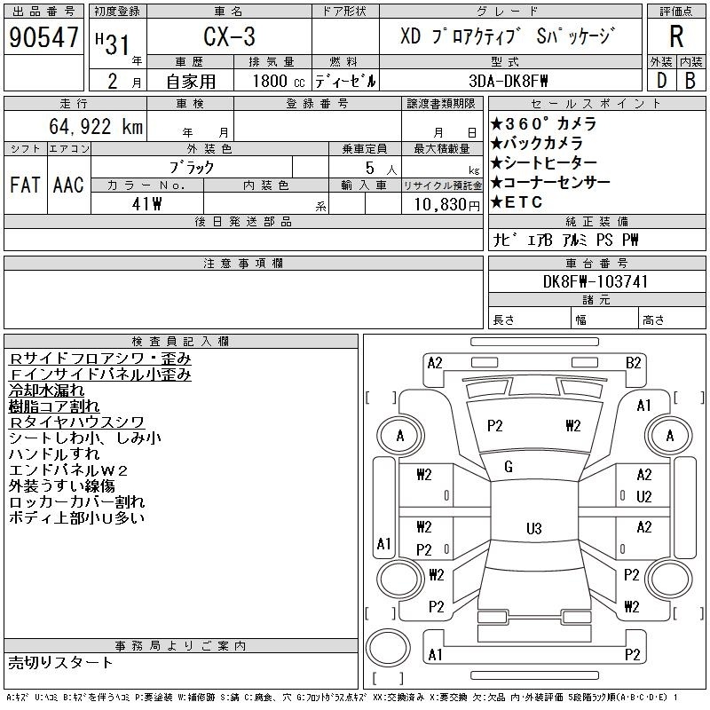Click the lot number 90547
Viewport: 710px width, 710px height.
(x=43, y=37)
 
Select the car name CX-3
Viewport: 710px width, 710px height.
(x=229, y=36)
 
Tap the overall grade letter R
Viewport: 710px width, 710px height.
(x=676, y=36)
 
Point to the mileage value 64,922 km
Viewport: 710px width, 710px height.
(x=96, y=126)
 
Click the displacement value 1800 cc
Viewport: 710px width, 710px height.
(x=279, y=81)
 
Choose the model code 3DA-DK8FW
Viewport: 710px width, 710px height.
(x=508, y=81)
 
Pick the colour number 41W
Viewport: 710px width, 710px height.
(x=146, y=204)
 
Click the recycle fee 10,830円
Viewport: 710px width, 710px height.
(x=446, y=205)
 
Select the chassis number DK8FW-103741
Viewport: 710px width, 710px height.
(x=595, y=281)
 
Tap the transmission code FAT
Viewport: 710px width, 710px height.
(x=25, y=185)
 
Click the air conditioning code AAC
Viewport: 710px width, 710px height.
(x=68, y=185)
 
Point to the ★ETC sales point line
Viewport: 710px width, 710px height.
(x=517, y=202)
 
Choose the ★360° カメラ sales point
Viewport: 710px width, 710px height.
(x=543, y=123)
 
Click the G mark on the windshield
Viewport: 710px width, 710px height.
(x=509, y=467)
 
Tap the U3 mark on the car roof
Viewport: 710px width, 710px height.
(x=534, y=528)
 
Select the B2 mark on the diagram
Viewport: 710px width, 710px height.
(x=633, y=363)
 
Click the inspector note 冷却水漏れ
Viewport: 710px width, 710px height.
(x=46, y=390)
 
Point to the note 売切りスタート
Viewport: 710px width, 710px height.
(x=60, y=663)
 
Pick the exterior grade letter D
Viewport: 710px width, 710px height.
(x=661, y=81)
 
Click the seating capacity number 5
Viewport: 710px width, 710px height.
(x=370, y=168)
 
